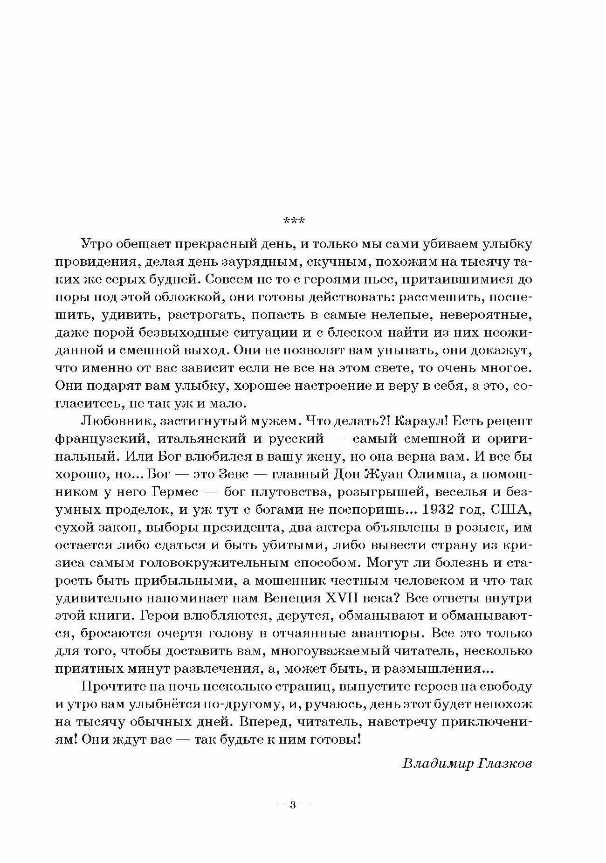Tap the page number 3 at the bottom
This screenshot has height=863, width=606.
coord(293,805)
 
